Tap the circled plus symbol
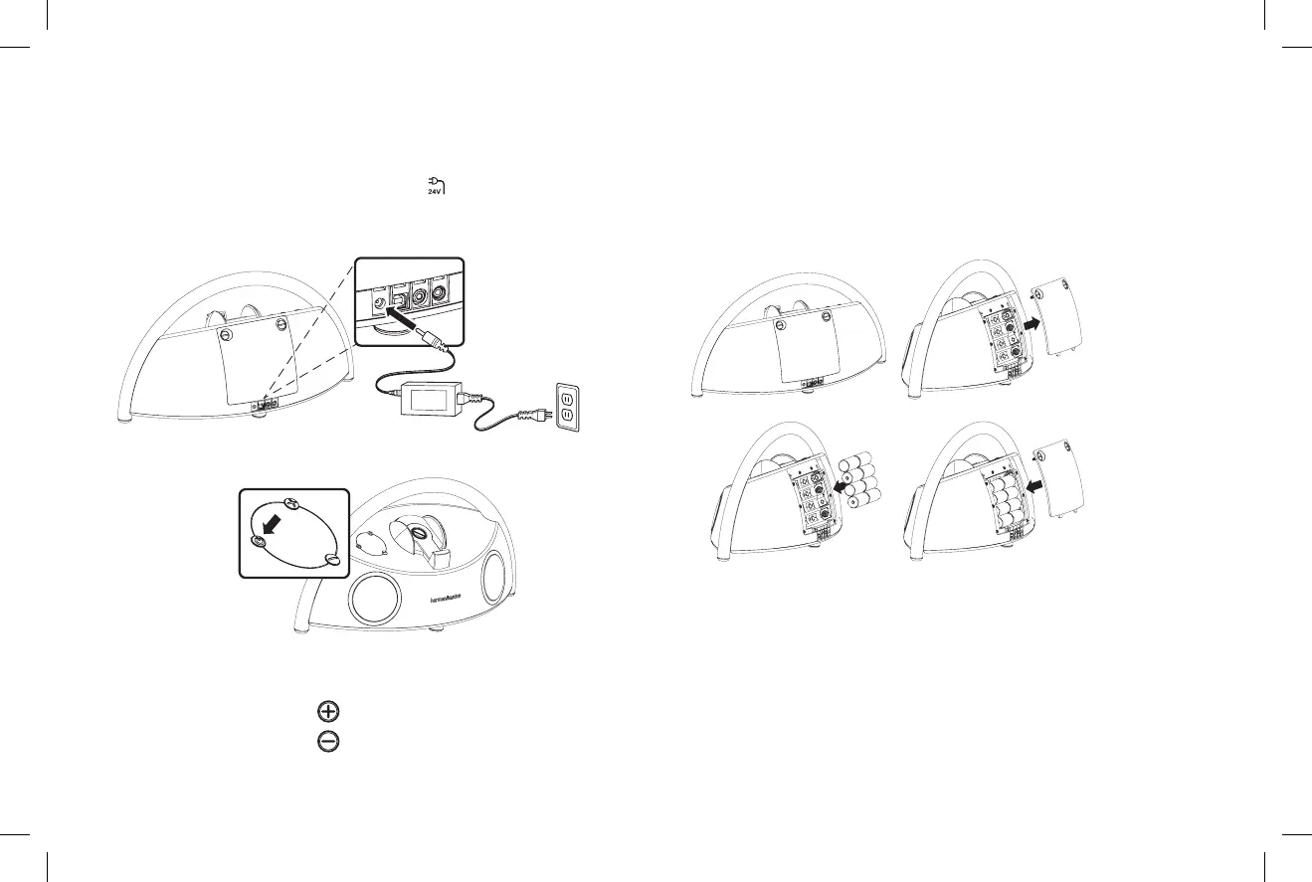(x=328, y=711)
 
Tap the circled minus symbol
(x=328, y=742)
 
